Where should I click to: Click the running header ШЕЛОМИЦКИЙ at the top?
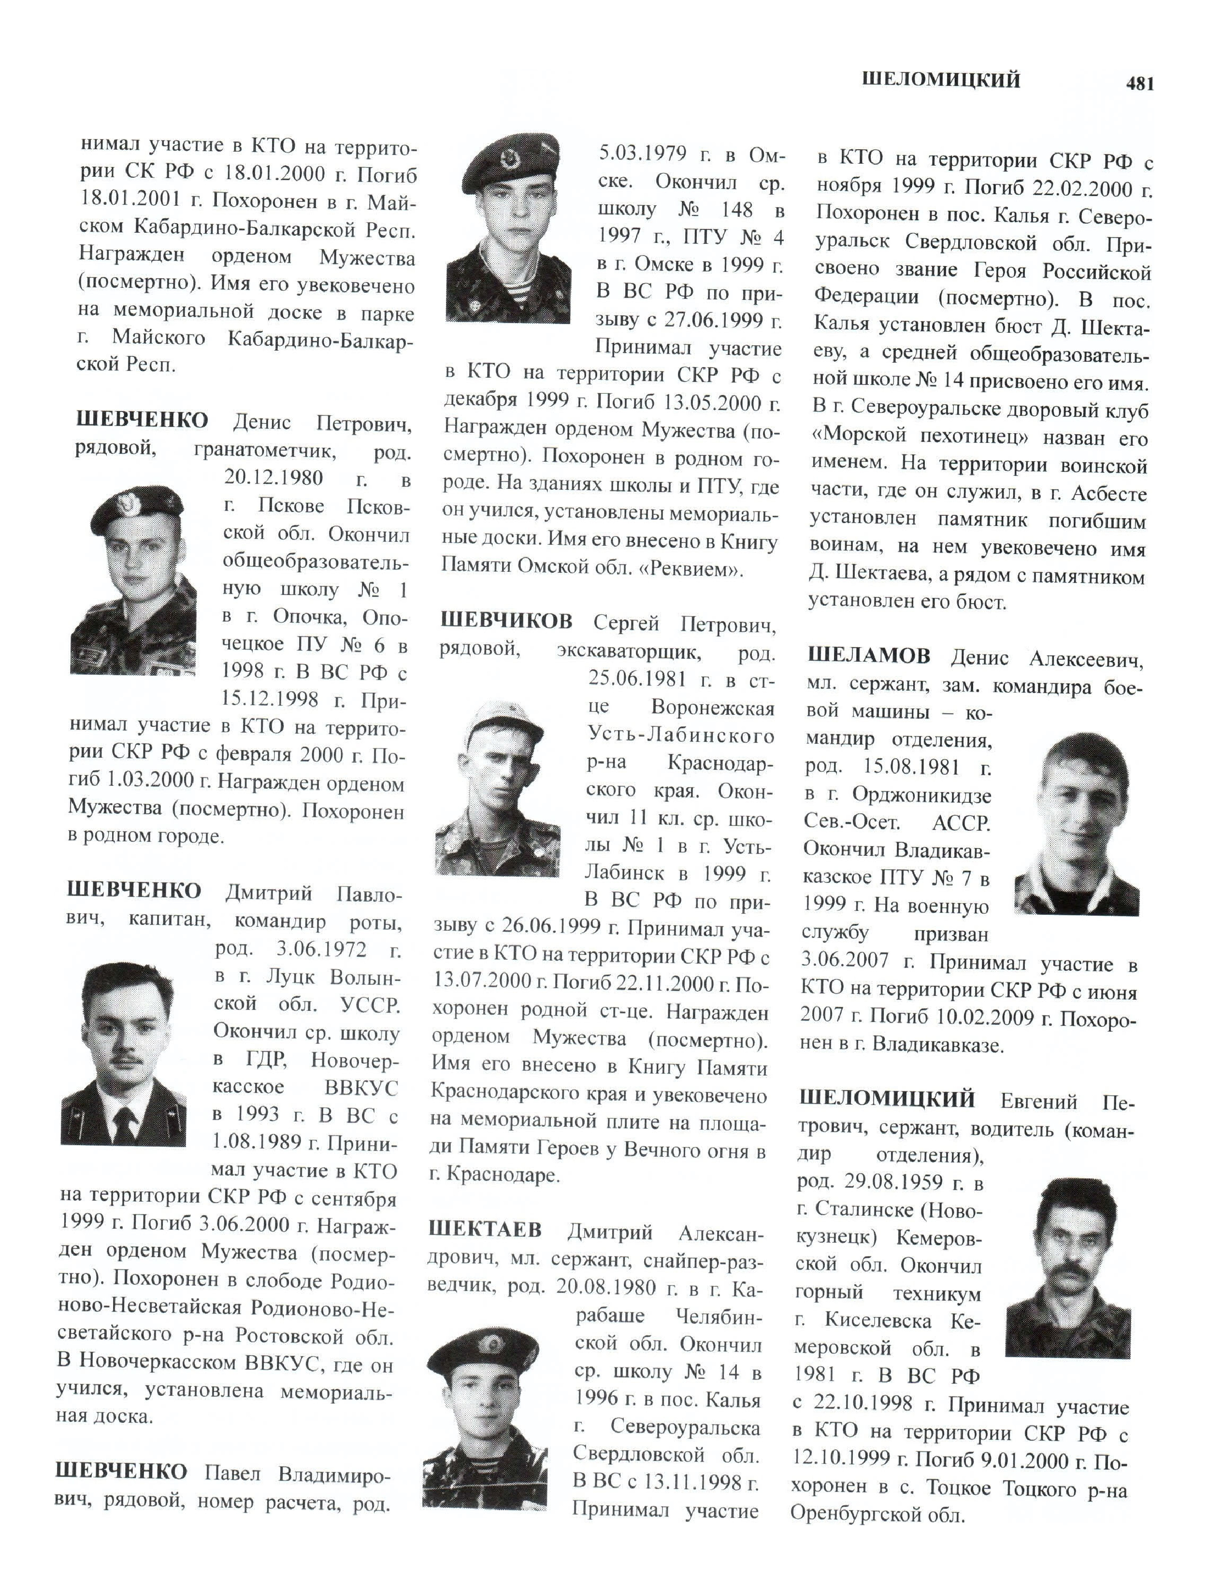941,79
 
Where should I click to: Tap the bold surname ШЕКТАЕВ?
485,1229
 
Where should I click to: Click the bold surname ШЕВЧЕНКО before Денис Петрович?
141,420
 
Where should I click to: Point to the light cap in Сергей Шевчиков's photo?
503,726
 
